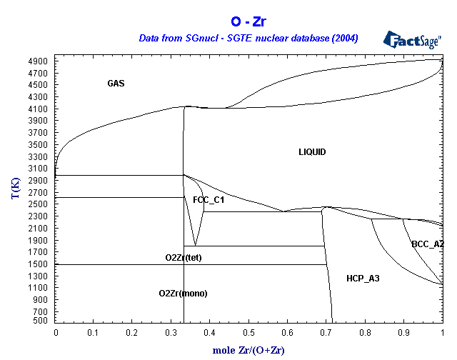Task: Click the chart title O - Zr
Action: click(248, 21)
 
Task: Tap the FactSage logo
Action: click(412, 40)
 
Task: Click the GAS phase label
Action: click(116, 84)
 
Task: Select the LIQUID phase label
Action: click(312, 152)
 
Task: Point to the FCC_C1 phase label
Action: click(209, 200)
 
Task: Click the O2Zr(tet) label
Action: click(184, 258)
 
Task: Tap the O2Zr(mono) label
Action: click(183, 294)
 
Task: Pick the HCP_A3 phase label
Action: click(363, 279)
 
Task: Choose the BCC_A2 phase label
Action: click(428, 244)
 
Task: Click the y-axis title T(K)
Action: click(16, 188)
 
